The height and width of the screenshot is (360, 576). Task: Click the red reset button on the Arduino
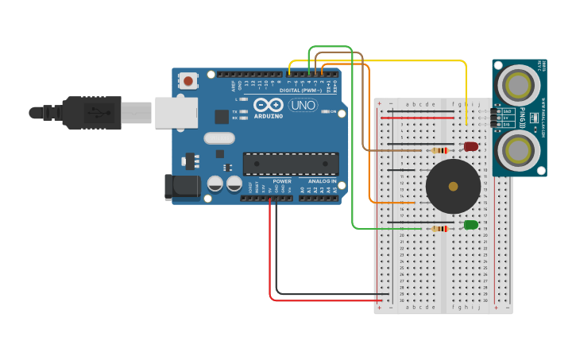pos(188,80)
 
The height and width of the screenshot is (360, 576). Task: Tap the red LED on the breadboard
pos(471,146)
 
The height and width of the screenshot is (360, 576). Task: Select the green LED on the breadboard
pos(471,225)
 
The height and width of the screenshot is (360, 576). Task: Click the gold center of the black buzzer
pos(453,187)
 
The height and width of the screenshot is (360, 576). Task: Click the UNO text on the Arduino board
pos(302,105)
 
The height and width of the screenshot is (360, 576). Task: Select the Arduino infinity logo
pos(269,105)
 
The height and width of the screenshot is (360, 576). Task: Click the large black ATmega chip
pos(291,164)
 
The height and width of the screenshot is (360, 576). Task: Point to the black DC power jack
pos(181,187)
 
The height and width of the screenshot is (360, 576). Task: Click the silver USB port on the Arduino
pos(176,113)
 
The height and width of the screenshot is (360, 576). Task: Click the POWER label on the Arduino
pos(282,181)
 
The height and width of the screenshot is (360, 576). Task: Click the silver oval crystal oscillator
pos(219,138)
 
